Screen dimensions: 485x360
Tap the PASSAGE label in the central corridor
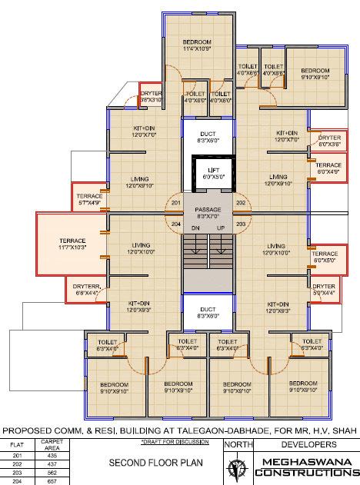click(208, 208)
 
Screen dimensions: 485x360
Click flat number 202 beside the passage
click(240, 203)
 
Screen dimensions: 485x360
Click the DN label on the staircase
click(195, 228)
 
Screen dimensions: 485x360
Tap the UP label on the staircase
click(221, 228)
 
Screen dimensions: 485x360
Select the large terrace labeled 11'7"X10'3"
click(70, 244)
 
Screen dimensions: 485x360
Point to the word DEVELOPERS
click(305, 445)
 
